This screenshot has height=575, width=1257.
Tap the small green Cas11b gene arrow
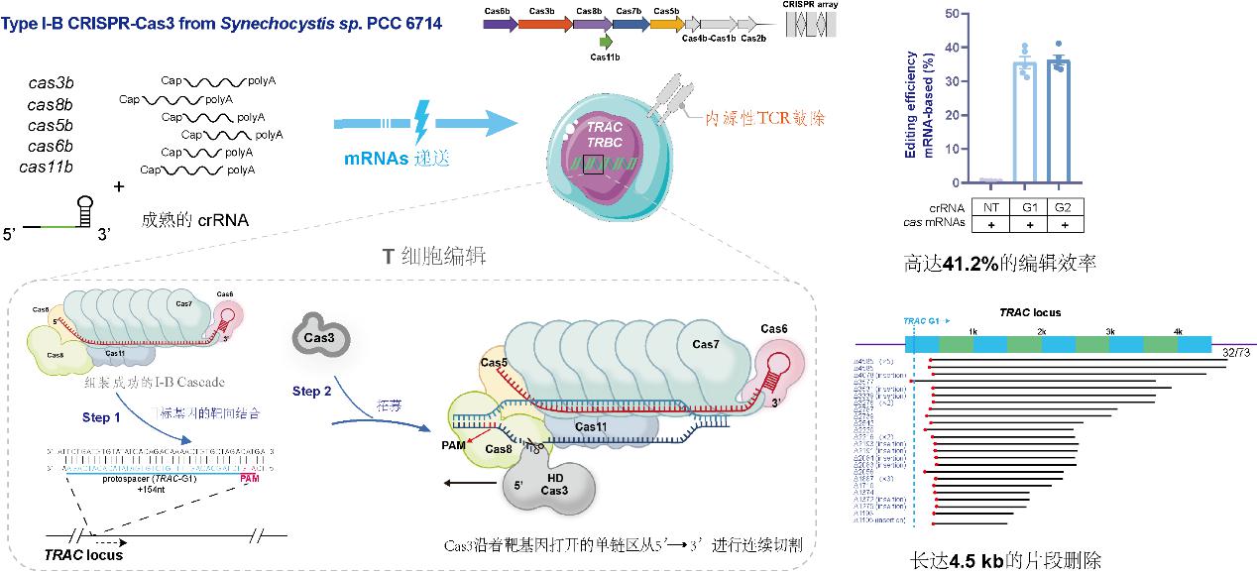point(605,43)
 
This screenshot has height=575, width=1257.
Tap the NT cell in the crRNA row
point(989,207)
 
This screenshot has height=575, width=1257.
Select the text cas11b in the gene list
point(49,166)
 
